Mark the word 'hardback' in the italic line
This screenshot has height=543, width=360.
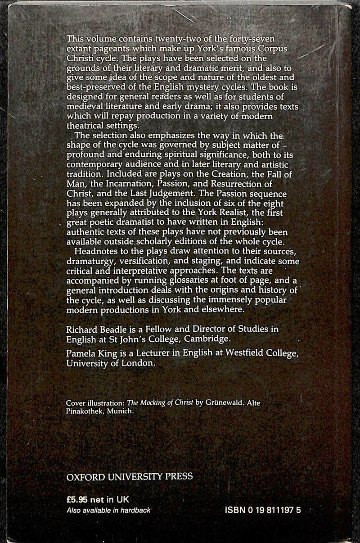pyautogui.click(x=135, y=510)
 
